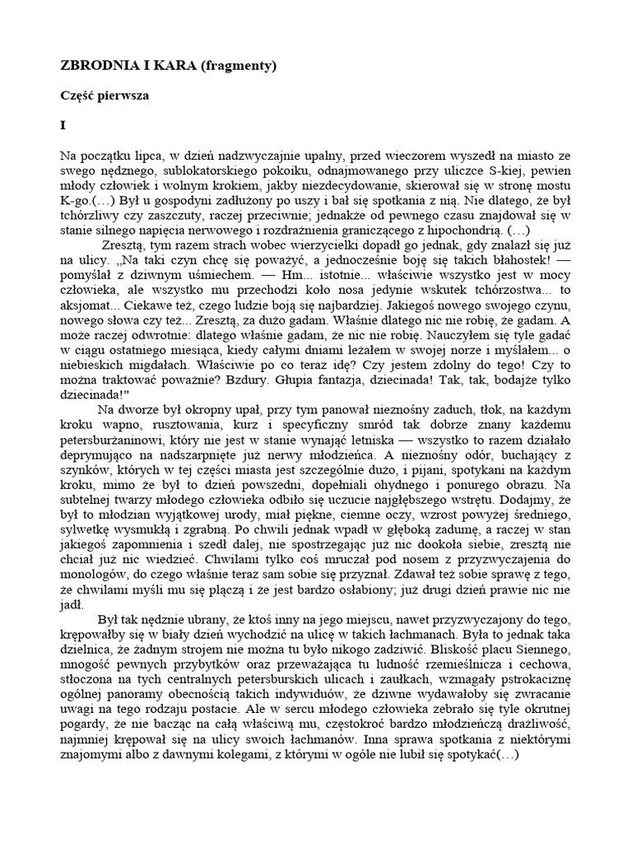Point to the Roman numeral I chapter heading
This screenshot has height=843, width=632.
[x=63, y=126]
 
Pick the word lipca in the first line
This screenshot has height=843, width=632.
[x=149, y=156]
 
